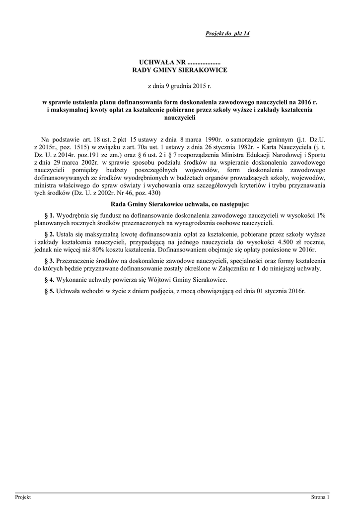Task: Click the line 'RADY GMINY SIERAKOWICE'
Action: (x=179, y=70)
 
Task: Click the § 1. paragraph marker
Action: (x=49, y=215)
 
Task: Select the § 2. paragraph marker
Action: (x=49, y=234)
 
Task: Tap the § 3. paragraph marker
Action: (x=49, y=260)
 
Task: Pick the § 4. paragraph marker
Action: (x=49, y=280)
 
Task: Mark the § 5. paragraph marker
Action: (x=49, y=291)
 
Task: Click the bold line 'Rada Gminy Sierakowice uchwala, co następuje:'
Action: (x=179, y=204)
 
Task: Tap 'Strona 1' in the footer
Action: (x=320, y=497)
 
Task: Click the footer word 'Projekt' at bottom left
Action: (x=23, y=497)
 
